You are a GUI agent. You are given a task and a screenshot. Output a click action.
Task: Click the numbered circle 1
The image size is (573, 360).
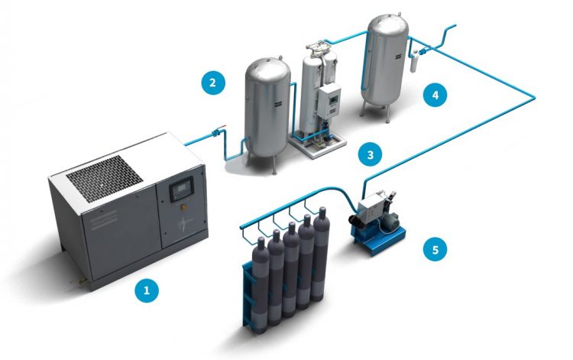coord(146,290)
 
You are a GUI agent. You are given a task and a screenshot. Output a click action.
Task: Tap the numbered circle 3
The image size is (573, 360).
coord(371,154)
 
